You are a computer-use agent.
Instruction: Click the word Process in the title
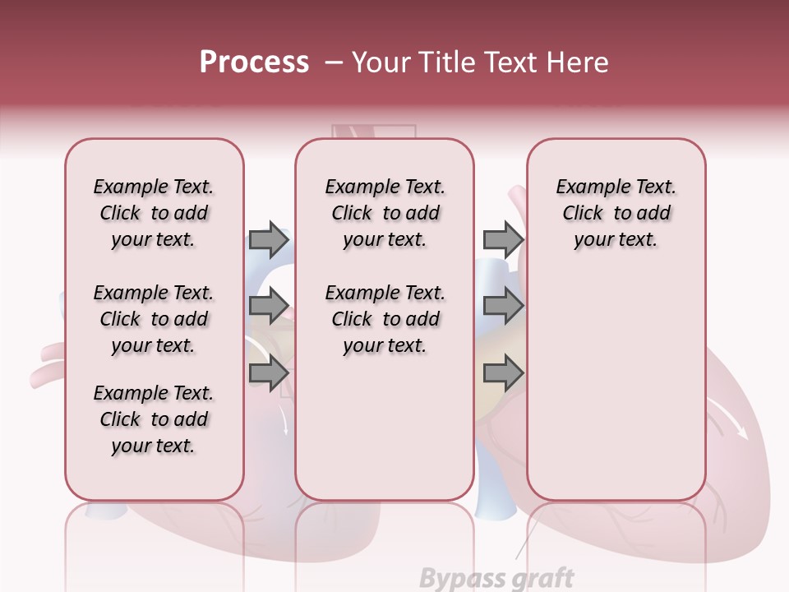pyautogui.click(x=254, y=62)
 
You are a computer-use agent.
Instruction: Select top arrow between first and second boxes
pyautogui.click(x=269, y=239)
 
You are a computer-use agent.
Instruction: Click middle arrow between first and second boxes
pyautogui.click(x=269, y=306)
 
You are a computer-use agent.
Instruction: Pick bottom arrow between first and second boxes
pyautogui.click(x=269, y=372)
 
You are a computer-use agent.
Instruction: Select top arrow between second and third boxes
pyautogui.click(x=503, y=239)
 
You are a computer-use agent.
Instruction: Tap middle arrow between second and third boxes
pyautogui.click(x=503, y=306)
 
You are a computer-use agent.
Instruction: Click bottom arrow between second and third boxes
pyautogui.click(x=503, y=372)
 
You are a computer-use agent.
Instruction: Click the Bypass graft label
pyautogui.click(x=496, y=578)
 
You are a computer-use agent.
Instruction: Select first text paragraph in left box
pyautogui.click(x=154, y=213)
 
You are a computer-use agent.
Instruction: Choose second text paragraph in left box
pyautogui.click(x=154, y=319)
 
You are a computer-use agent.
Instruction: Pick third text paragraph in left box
pyautogui.click(x=154, y=419)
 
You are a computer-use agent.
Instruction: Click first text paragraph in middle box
pyautogui.click(x=385, y=213)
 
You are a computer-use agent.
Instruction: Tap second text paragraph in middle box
pyautogui.click(x=385, y=319)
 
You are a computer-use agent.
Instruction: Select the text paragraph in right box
pyautogui.click(x=616, y=213)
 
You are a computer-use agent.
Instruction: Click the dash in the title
pyautogui.click(x=334, y=62)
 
